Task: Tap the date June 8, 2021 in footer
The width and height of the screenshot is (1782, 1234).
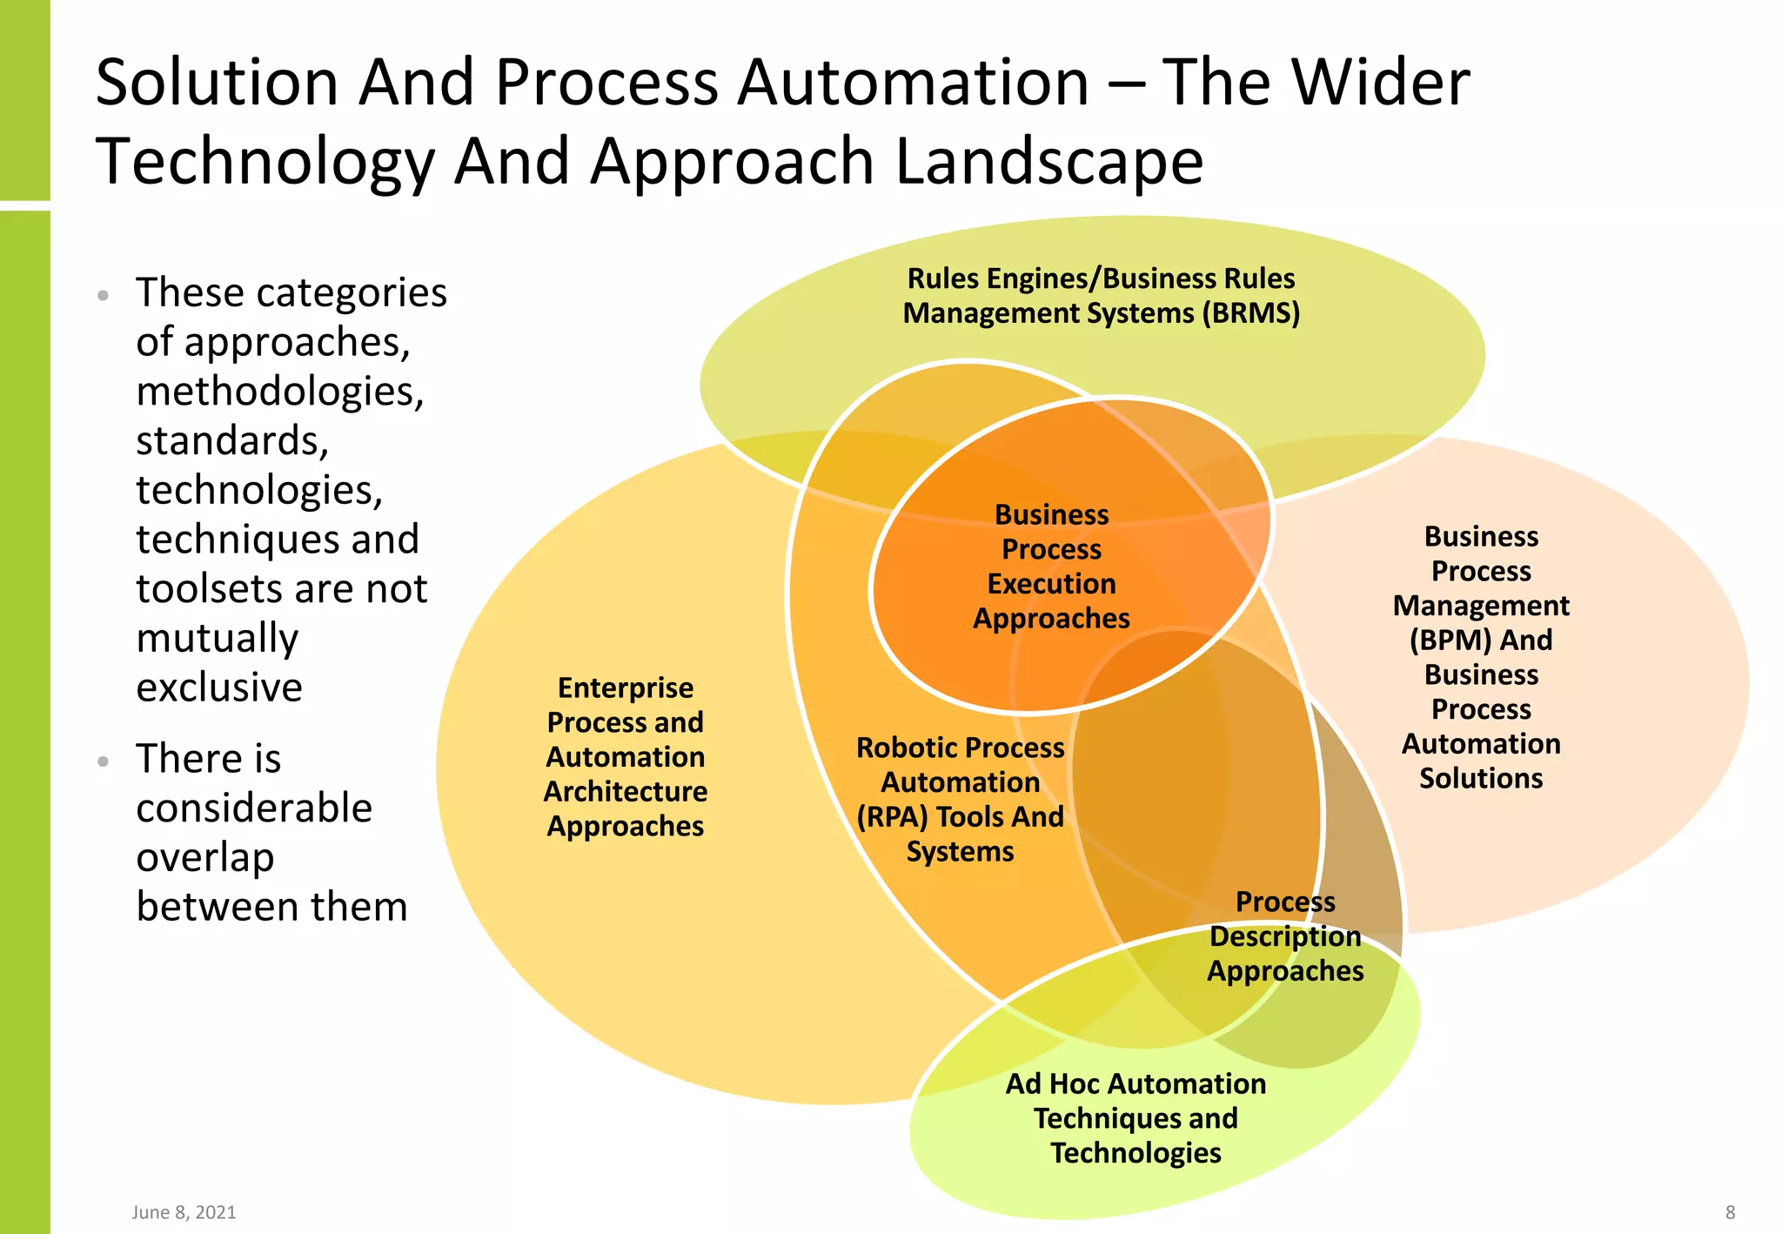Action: click(184, 1212)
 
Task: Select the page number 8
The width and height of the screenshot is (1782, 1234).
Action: click(1730, 1212)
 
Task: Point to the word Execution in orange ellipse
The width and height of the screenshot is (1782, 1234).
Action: click(1051, 584)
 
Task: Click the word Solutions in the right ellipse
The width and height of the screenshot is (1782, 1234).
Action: click(1481, 778)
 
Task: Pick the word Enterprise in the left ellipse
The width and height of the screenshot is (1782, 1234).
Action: click(626, 688)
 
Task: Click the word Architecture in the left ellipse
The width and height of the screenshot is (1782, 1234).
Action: click(626, 792)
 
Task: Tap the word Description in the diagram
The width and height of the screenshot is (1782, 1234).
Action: click(1285, 936)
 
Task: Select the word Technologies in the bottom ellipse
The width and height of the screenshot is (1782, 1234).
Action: click(1136, 1153)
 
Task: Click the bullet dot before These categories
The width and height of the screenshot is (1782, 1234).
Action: click(104, 295)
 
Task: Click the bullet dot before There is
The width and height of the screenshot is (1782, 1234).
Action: click(104, 761)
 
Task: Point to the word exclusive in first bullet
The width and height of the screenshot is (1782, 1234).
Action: click(219, 687)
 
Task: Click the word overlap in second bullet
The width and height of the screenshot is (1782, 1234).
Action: click(205, 858)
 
